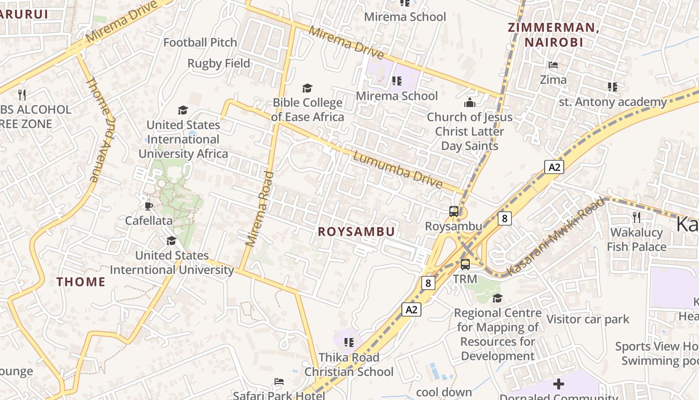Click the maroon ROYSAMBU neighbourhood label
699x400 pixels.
pos(356,231)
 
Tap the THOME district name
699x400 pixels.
pos(81,281)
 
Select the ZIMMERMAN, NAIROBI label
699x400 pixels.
pos(553,34)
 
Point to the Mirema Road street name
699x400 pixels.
pos(261,209)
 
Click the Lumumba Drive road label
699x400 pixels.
pos(397,170)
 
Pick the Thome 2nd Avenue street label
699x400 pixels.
pos(101,129)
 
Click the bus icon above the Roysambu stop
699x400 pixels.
pos(454,211)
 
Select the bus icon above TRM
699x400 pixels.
pos(465,264)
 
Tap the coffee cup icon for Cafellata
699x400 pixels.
pos(148,206)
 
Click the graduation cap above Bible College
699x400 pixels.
pos(307,88)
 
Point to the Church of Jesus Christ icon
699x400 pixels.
pos(469,103)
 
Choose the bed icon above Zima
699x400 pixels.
pos(553,65)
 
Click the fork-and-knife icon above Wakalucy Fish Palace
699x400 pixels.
pos(636,217)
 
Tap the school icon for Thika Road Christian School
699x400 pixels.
pos(349,342)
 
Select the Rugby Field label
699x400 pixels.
pos(219,63)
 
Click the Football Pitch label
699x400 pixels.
pos(200,42)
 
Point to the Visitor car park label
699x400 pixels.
pos(588,319)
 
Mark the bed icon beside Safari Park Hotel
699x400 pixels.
pos(279,381)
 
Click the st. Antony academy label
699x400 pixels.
pos(613,102)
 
